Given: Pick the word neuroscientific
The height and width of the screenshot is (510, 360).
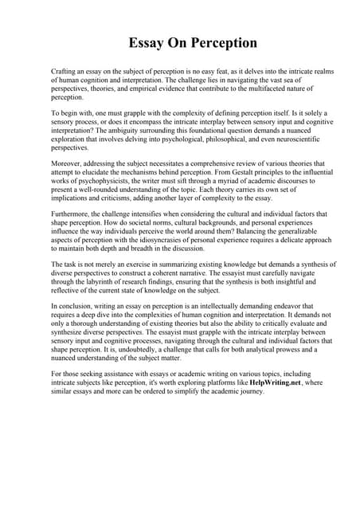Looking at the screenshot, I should pos(278,140).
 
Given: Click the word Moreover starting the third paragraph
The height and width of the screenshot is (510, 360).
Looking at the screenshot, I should pos(69,163).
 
